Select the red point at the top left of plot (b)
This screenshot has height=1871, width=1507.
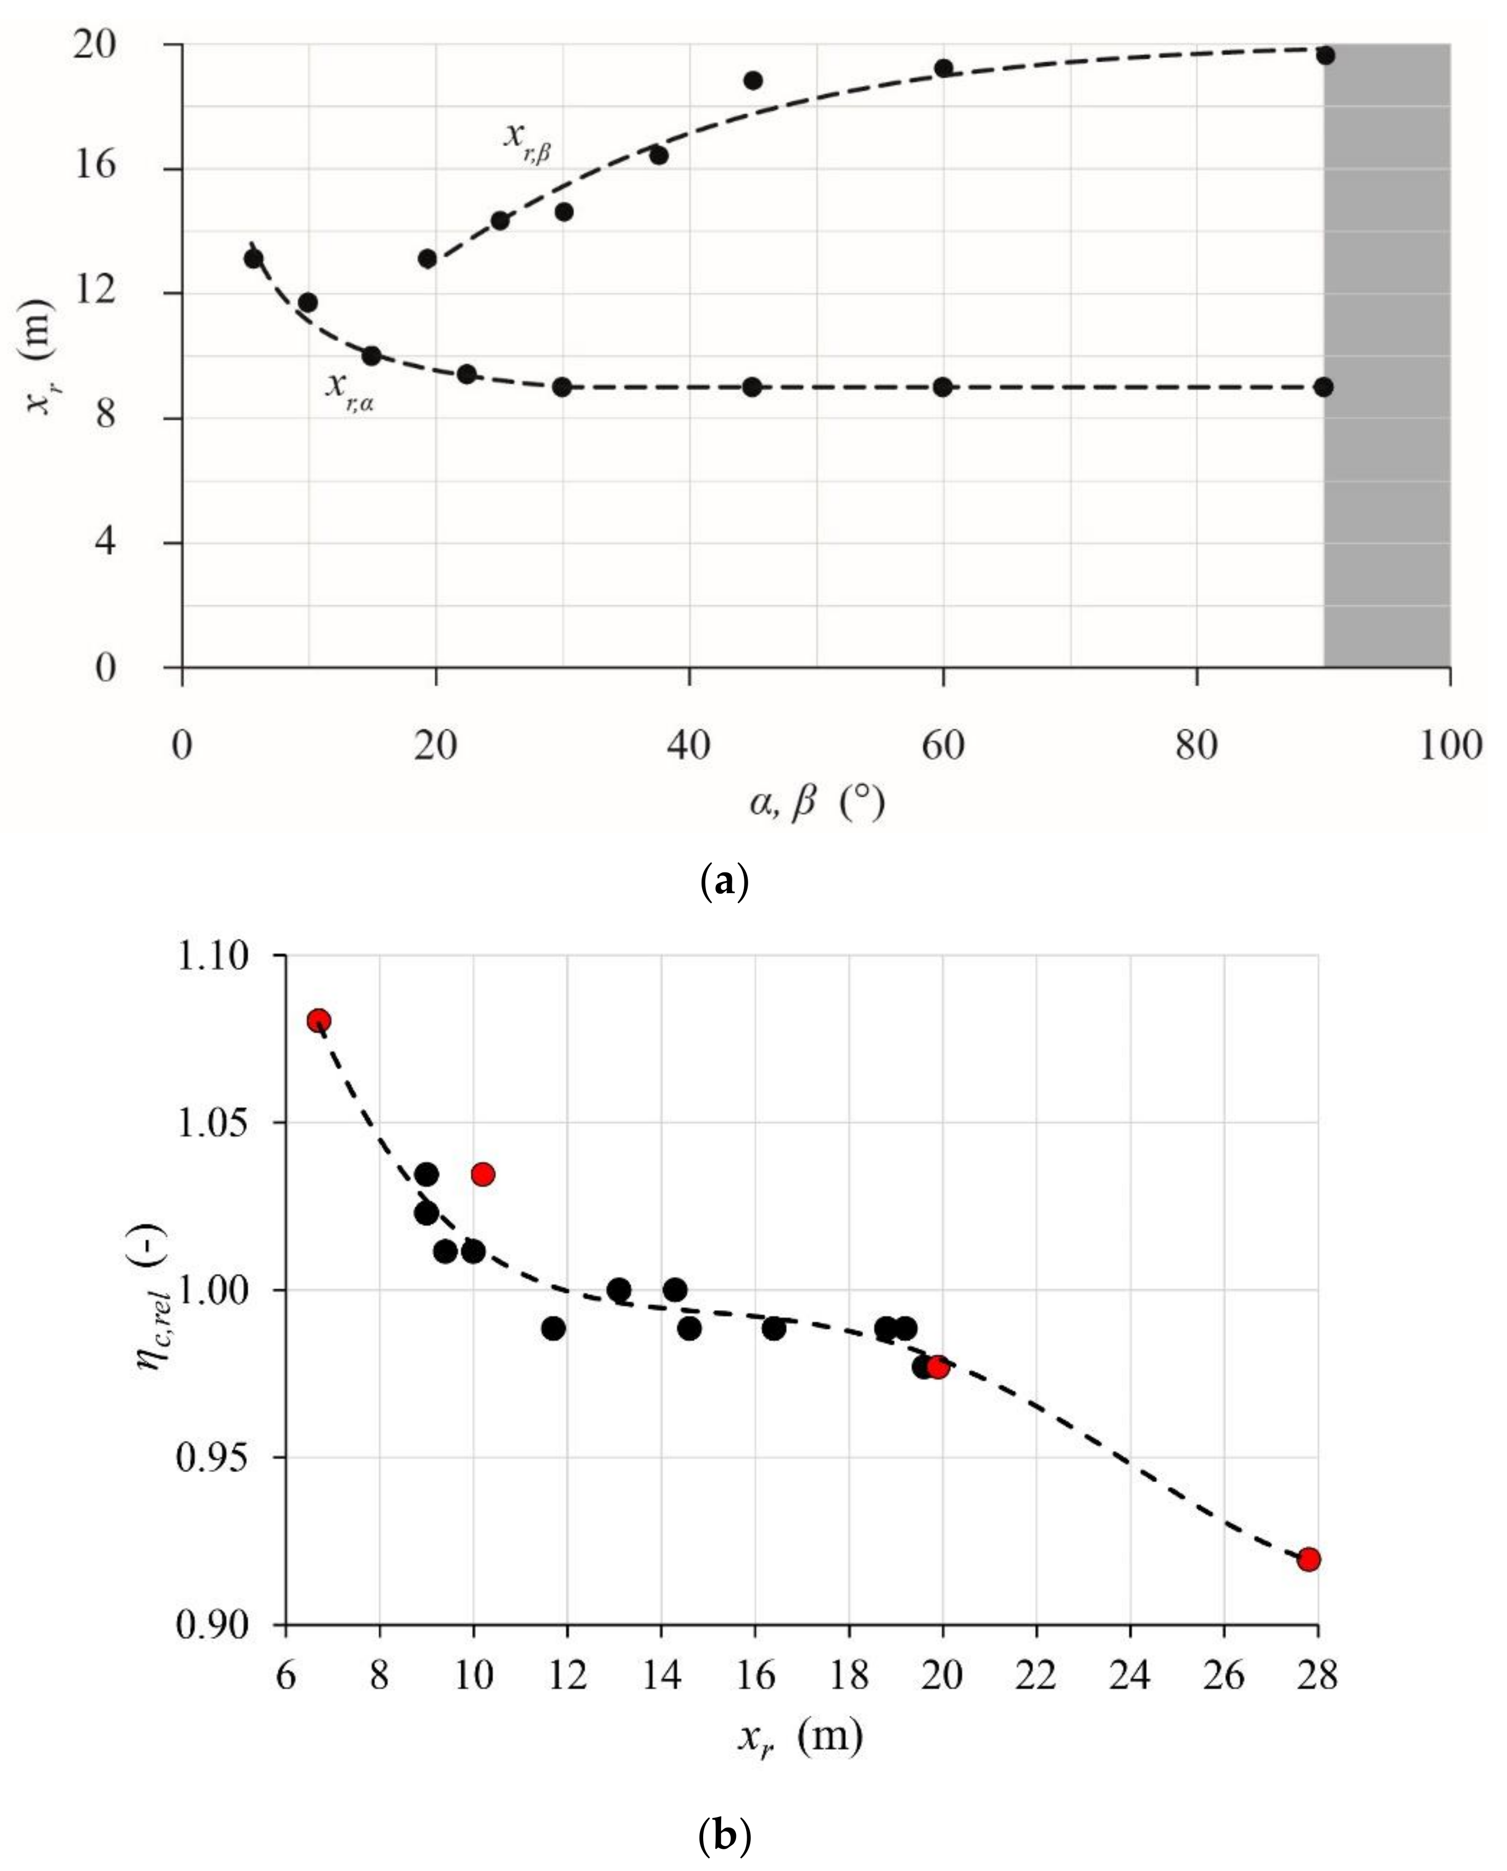(x=318, y=1021)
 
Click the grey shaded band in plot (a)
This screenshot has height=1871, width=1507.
(x=1386, y=356)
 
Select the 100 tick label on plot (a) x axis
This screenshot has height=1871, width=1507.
(x=1450, y=746)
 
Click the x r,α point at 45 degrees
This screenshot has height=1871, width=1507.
(x=752, y=387)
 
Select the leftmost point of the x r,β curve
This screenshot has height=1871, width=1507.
(x=427, y=259)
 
